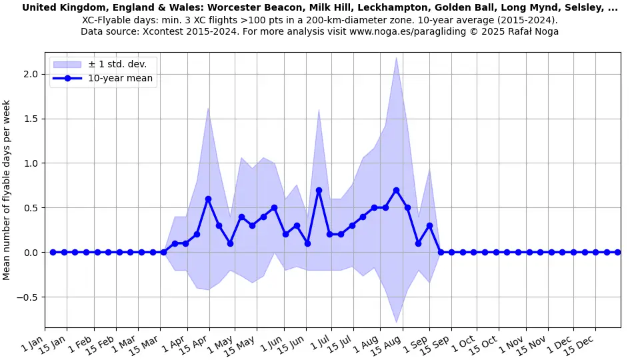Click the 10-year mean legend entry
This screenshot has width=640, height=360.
tap(120, 78)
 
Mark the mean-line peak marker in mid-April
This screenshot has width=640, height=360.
tap(208, 199)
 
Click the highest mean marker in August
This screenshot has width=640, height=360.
tap(396, 190)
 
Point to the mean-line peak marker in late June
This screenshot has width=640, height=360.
tap(319, 190)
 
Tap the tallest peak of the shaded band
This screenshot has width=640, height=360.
tap(396, 57)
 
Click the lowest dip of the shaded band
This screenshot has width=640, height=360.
tap(396, 322)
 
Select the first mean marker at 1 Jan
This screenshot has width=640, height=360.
tap(53, 252)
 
